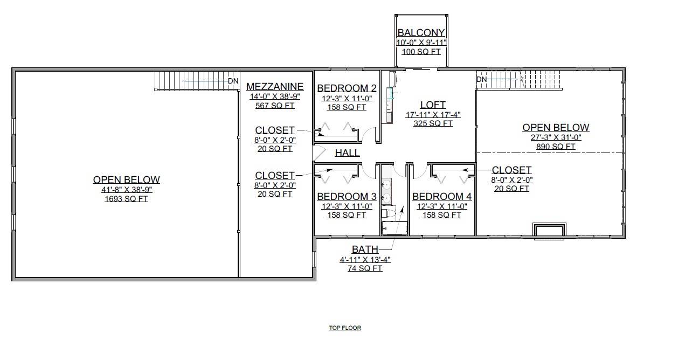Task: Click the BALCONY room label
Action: [x=421, y=33]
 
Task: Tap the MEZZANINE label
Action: [x=274, y=86]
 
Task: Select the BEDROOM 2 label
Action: [x=347, y=88]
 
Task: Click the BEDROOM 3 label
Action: [x=347, y=196]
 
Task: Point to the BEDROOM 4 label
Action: [x=441, y=197]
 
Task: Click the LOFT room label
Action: [x=433, y=105]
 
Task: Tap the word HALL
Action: [x=347, y=153]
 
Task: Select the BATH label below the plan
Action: [x=365, y=250]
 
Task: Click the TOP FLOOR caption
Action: [x=345, y=328]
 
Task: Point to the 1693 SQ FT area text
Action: [x=126, y=199]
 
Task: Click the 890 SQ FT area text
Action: [x=556, y=147]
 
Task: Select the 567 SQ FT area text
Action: [x=274, y=106]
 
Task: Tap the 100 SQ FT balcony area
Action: [x=421, y=52]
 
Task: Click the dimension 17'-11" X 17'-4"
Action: [x=433, y=115]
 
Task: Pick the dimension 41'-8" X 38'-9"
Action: [x=126, y=190]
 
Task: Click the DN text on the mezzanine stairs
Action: [x=233, y=81]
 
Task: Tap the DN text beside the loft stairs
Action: [x=482, y=80]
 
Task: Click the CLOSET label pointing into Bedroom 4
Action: [x=511, y=170]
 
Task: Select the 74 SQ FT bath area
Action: [x=365, y=268]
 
